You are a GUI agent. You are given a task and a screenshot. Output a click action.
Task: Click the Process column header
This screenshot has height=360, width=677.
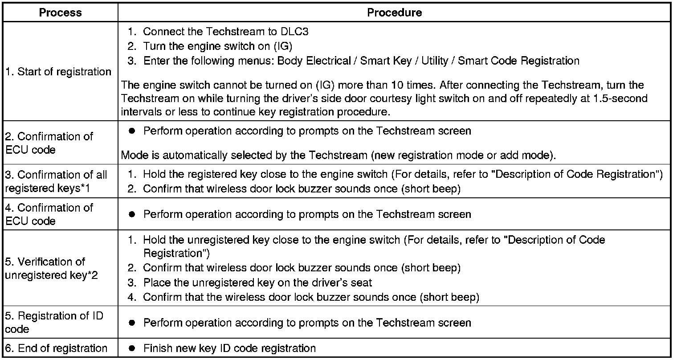pyautogui.click(x=60, y=12)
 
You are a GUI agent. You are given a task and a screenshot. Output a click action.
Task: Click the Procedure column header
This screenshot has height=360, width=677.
pyautogui.click(x=394, y=12)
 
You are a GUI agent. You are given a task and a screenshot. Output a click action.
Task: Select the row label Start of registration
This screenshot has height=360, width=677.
pyautogui.click(x=58, y=72)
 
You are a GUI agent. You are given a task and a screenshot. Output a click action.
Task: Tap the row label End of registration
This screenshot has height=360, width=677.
pyautogui.click(x=56, y=348)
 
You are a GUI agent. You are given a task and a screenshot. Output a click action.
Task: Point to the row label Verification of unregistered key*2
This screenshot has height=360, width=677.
pyautogui.click(x=51, y=268)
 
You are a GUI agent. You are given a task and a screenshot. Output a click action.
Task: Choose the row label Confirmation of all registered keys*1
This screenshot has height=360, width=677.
pyautogui.click(x=56, y=181)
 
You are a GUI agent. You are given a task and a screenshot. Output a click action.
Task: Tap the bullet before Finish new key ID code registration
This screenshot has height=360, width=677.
pyautogui.click(x=132, y=348)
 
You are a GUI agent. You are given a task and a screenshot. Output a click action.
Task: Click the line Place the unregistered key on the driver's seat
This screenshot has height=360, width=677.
pyautogui.click(x=257, y=282)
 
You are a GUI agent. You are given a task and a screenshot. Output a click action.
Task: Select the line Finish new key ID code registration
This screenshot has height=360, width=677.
pyautogui.click(x=229, y=348)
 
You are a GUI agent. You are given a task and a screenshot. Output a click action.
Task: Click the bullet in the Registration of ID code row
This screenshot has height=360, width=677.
pyautogui.click(x=132, y=323)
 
